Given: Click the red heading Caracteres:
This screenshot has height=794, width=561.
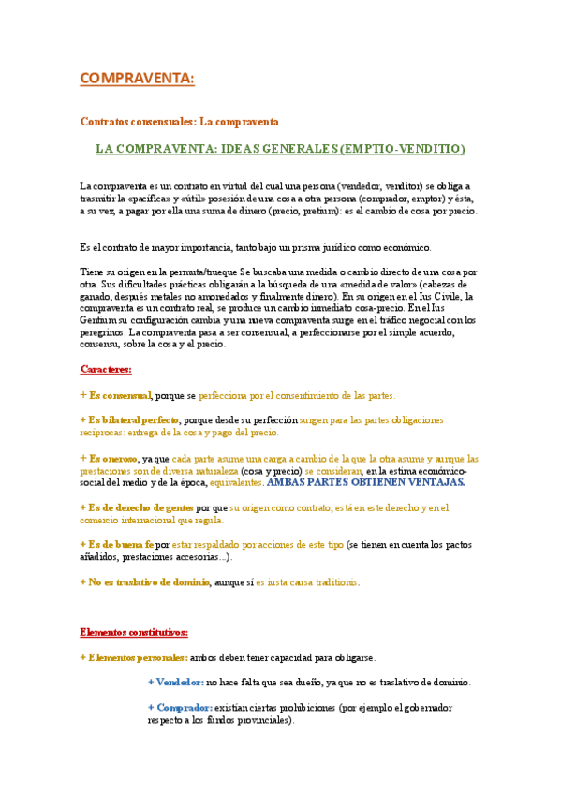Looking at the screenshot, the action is coord(106,369).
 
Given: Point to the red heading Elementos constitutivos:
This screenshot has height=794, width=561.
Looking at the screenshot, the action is coord(134,631).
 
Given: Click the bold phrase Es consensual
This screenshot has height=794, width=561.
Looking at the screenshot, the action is coord(119,395).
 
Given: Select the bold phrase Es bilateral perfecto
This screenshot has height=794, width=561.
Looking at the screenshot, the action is coord(134,420).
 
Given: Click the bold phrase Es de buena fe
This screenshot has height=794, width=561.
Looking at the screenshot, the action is coord(121,544).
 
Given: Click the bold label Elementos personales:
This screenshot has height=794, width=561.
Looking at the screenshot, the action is coord(138,657).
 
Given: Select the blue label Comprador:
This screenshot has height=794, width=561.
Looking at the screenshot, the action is coord(184,708).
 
